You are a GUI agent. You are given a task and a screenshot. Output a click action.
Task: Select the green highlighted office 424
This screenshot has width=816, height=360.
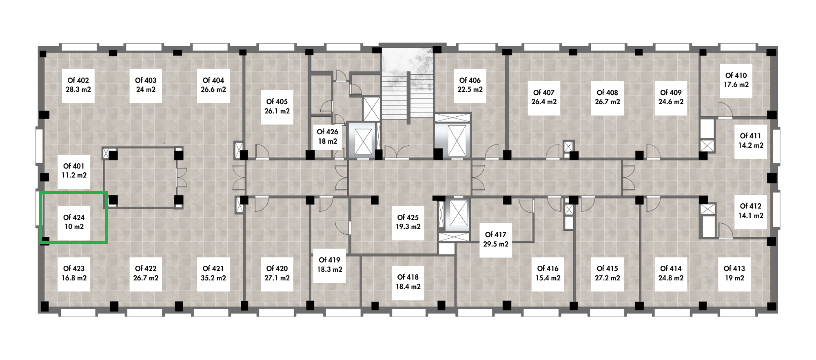pyautogui.click(x=73, y=218)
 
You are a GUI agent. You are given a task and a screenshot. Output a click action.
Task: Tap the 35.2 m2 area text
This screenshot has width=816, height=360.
pyautogui.click(x=213, y=278)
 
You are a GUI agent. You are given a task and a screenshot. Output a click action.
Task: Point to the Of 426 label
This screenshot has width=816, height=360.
pyautogui.click(x=328, y=132)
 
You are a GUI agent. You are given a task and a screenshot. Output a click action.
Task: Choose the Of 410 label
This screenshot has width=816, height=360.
pyautogui.click(x=736, y=76)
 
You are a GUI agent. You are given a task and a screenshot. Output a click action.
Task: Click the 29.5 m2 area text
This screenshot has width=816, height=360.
pyautogui.click(x=496, y=244)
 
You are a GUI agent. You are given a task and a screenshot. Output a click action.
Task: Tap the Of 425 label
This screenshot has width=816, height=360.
pyautogui.click(x=408, y=218)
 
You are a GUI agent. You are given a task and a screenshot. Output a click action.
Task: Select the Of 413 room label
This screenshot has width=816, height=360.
pyautogui.click(x=734, y=269)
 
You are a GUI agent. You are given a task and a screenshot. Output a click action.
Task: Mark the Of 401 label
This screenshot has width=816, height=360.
pyautogui.click(x=74, y=166)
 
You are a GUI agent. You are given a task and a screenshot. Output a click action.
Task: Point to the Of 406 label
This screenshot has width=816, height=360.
pyautogui.click(x=470, y=80)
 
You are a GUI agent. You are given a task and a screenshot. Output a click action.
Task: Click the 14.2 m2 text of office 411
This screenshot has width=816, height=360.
pyautogui.click(x=751, y=145)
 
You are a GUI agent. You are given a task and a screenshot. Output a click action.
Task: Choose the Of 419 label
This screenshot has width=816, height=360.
pyautogui.click(x=329, y=260)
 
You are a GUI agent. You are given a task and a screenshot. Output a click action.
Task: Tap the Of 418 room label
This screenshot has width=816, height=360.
pyautogui.click(x=408, y=277)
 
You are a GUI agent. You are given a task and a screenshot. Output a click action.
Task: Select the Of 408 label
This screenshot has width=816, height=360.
pyautogui.click(x=608, y=93)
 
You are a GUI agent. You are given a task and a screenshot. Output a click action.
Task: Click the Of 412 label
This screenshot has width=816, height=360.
pyautogui.click(x=751, y=206)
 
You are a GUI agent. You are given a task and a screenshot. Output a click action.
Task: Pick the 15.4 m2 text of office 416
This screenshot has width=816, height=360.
pyautogui.click(x=548, y=278)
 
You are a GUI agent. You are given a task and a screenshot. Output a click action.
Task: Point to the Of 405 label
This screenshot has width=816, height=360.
pyautogui.click(x=277, y=102)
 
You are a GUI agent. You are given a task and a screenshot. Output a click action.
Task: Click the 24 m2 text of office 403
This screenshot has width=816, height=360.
pyautogui.click(x=146, y=90)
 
